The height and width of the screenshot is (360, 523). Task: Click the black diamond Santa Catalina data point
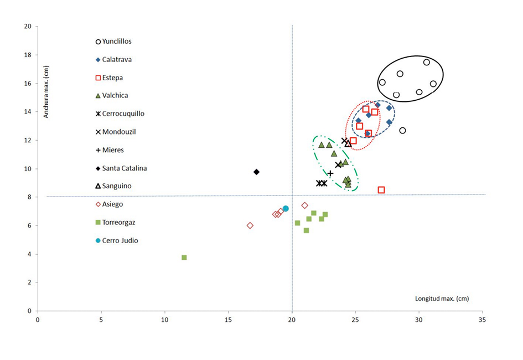256,172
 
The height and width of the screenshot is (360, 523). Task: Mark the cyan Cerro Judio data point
286,209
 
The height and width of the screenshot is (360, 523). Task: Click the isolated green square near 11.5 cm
184,258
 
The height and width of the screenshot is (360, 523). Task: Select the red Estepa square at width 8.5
381,190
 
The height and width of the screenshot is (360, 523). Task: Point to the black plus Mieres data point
330,173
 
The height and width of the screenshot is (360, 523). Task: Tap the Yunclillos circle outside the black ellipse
402,131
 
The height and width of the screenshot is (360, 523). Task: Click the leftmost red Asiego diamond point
250,225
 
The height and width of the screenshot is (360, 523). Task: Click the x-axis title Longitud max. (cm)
442,299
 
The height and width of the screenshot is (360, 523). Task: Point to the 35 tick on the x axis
483,320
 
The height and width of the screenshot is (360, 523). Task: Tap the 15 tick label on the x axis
228,320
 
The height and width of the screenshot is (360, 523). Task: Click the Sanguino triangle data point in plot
348,143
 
